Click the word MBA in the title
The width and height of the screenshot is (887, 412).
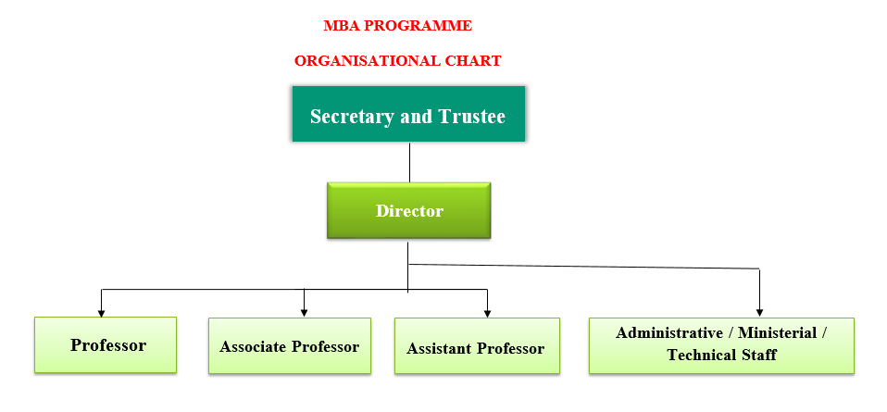pos(339,25)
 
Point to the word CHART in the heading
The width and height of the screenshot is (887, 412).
pos(471,61)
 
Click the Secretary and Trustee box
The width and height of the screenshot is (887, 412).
pos(408,115)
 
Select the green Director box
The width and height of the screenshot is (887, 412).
pos(408,211)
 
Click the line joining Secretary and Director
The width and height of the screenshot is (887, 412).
pos(408,162)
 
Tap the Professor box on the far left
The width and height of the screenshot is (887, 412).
pos(106,344)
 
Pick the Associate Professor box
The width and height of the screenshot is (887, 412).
pos(289,346)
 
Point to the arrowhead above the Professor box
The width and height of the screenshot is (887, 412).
pos(101,311)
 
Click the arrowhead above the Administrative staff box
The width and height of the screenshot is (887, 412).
pos(760,312)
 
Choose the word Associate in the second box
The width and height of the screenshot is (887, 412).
pos(254,346)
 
